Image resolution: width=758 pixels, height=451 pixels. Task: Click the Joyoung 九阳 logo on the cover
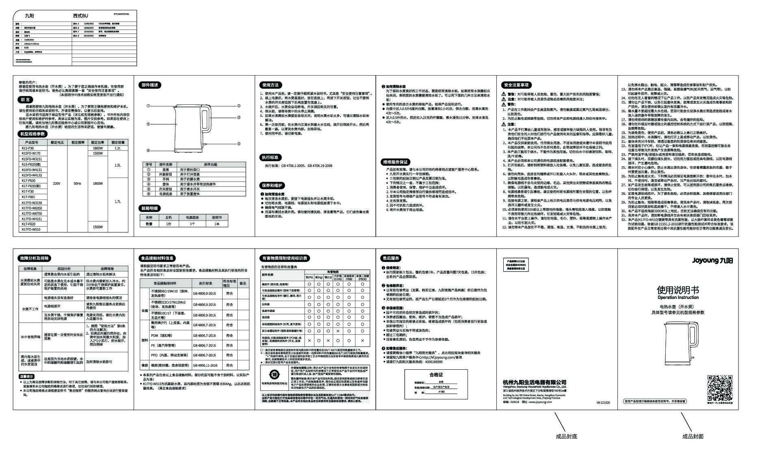click(712, 260)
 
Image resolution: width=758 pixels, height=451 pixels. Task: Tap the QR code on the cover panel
click(720, 388)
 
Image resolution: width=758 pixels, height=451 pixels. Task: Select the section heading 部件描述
click(150, 85)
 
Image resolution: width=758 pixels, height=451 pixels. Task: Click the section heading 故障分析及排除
click(35, 258)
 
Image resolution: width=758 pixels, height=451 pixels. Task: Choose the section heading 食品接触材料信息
click(157, 258)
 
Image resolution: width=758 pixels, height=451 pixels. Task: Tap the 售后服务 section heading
click(391, 258)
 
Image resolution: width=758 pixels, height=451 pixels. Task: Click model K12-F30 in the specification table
click(28, 148)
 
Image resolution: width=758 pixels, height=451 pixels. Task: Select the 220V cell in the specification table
click(56, 184)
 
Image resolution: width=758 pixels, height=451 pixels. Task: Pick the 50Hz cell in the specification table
click(77, 184)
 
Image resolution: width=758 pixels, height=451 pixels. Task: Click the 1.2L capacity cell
click(118, 148)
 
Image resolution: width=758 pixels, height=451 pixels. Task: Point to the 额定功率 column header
click(97, 143)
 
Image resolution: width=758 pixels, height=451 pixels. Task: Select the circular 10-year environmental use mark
click(274, 375)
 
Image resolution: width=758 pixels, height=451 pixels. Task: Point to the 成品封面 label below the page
click(693, 436)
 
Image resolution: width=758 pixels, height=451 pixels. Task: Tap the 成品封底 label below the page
click(566, 436)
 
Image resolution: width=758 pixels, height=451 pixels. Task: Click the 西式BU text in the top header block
click(80, 15)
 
